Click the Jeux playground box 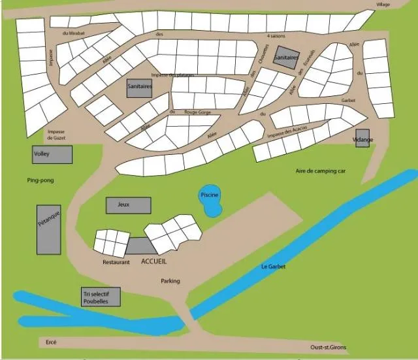[128, 205]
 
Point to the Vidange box [362, 139]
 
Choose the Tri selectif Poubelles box [102, 297]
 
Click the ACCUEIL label [154, 261]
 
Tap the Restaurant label [116, 262]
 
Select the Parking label [170, 281]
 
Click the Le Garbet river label [273, 266]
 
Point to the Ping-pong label [39, 180]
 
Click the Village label [383, 5]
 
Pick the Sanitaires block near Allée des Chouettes [287, 57]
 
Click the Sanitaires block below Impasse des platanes [139, 88]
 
